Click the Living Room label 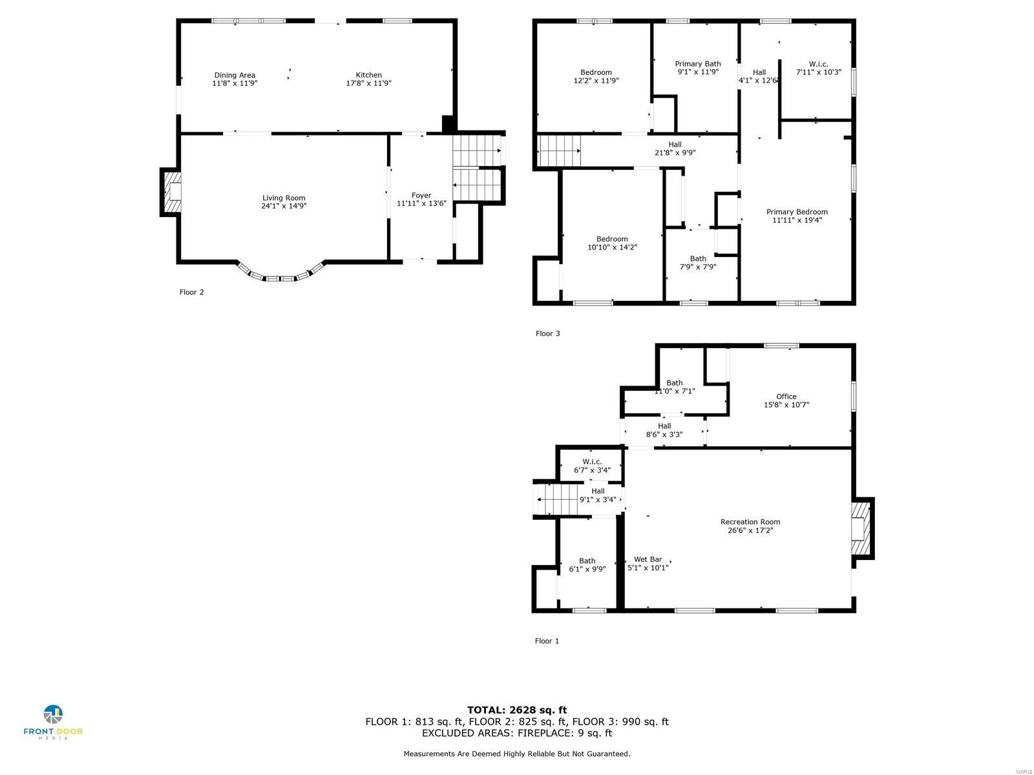click(284, 198)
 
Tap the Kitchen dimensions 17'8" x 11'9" click(369, 83)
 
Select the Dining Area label click(235, 75)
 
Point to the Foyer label click(421, 195)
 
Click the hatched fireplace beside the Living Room click(171, 192)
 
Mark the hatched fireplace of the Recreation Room click(861, 528)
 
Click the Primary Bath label click(698, 63)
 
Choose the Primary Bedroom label click(797, 212)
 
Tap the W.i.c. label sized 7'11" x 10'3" click(818, 64)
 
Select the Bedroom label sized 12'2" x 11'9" click(596, 72)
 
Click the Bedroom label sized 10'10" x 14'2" click(612, 239)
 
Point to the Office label click(786, 397)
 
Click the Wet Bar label click(648, 559)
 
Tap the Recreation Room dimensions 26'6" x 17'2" click(750, 531)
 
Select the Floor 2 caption click(191, 292)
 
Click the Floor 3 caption click(547, 333)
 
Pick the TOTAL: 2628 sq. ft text click(517, 710)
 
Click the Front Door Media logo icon click(53, 715)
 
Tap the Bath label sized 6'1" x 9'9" click(587, 561)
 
